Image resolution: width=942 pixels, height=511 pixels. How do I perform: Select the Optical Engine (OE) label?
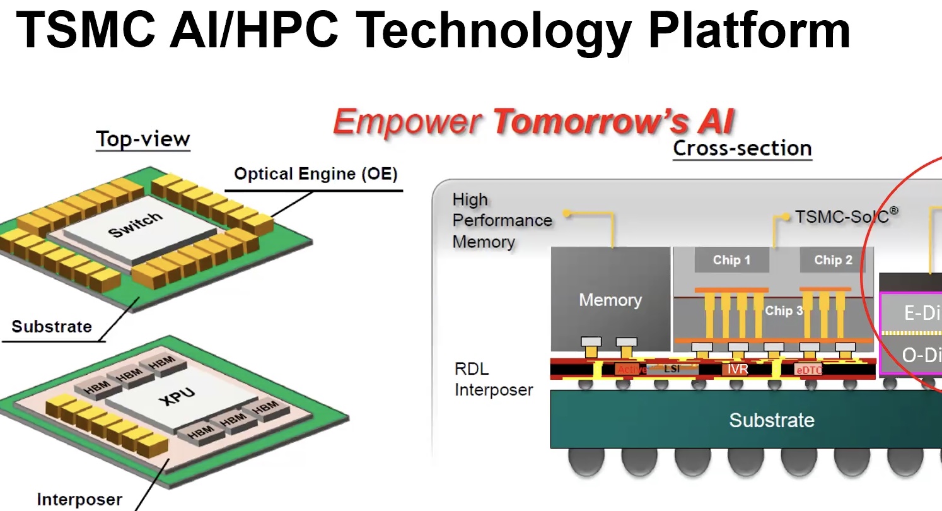(x=316, y=174)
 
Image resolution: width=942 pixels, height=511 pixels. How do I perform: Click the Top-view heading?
(x=142, y=139)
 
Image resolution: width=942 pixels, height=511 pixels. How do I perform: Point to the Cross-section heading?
(x=742, y=149)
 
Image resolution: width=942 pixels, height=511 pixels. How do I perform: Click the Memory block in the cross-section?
(x=610, y=300)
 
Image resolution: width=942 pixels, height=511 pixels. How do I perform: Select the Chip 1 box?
(x=731, y=260)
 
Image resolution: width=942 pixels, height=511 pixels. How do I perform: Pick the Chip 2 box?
(x=833, y=260)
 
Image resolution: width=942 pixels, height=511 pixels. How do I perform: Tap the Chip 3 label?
(x=783, y=310)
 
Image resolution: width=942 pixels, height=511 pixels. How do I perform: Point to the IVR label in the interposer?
(x=738, y=368)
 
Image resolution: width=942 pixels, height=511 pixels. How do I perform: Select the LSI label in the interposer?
(x=672, y=368)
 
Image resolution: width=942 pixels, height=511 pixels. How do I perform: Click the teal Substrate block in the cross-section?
(x=771, y=420)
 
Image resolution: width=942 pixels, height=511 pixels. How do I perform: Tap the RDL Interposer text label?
(x=493, y=379)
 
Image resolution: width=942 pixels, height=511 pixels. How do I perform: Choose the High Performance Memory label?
(x=502, y=221)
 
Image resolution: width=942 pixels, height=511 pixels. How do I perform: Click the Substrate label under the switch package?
(x=52, y=327)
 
